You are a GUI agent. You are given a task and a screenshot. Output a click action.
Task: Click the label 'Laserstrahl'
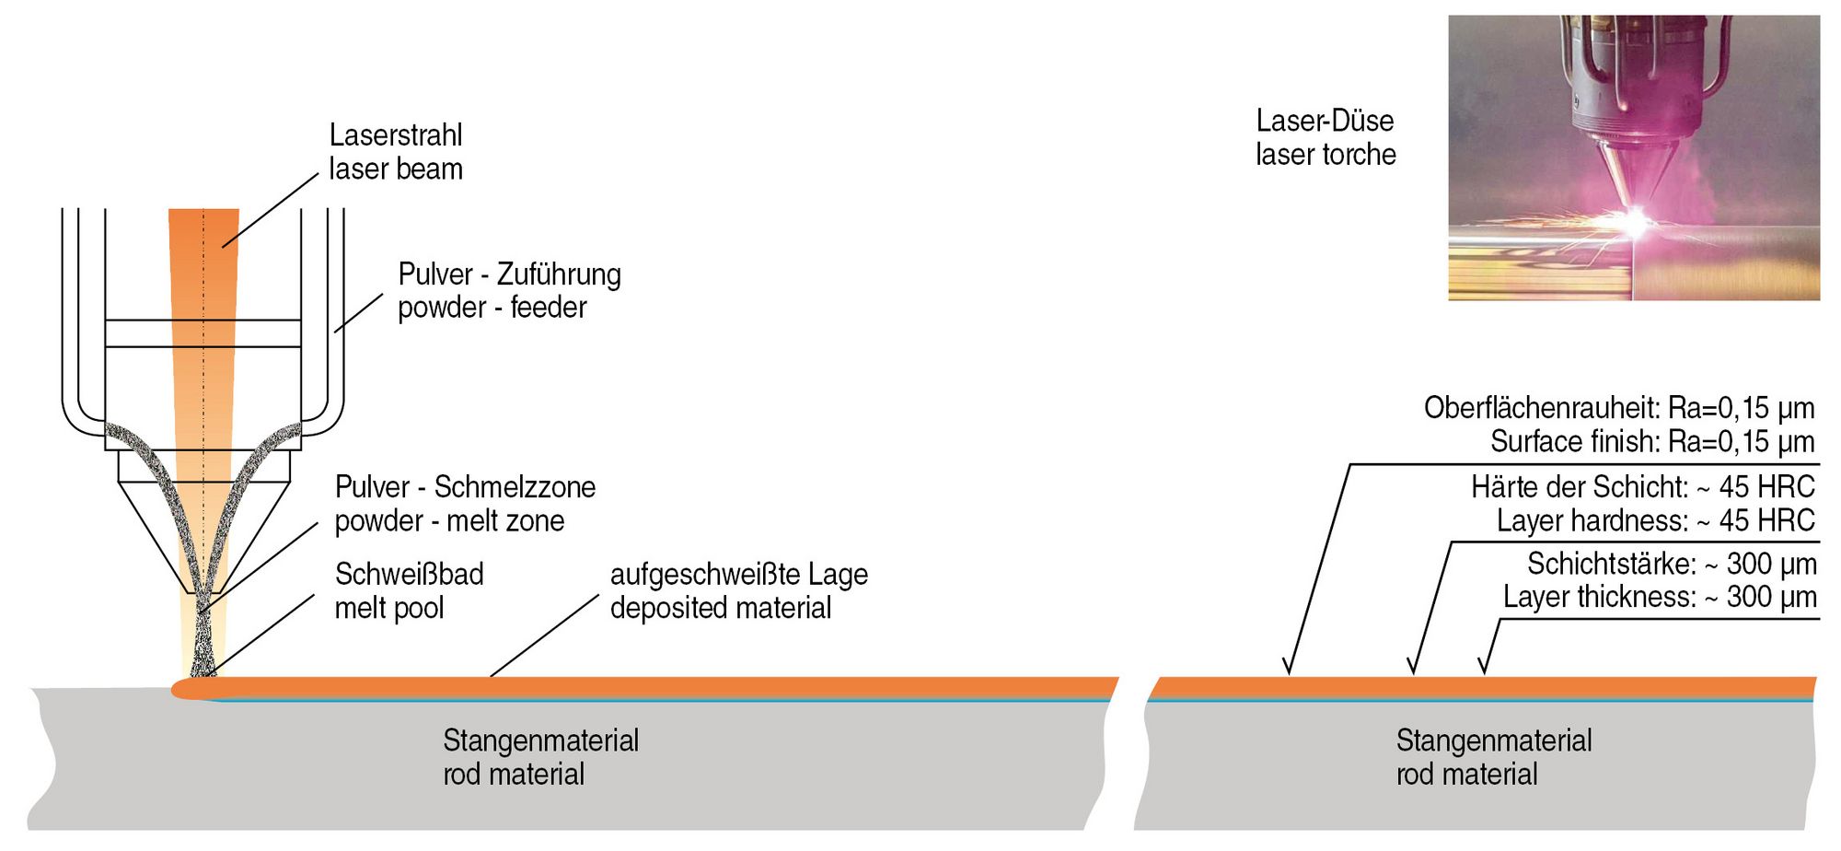pos(396,135)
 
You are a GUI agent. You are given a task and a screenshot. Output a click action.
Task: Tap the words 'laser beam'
pos(396,169)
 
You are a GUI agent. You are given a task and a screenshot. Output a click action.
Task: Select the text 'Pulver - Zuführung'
pos(509,274)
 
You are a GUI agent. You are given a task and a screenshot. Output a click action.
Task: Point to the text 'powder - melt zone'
pos(449,521)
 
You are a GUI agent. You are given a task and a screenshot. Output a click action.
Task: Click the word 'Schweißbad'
pos(409,575)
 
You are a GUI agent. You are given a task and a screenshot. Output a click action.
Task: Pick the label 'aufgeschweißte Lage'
pos(738,575)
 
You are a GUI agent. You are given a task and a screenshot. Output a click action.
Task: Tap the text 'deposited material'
pos(720,609)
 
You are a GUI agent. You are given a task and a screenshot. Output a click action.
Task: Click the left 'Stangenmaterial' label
pos(540,740)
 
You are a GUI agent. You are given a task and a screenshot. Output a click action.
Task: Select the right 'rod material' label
pos(1466,775)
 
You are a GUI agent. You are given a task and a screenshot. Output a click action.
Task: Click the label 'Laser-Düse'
pos(1325,121)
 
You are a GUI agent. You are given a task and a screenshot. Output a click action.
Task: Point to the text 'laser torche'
pos(1326,155)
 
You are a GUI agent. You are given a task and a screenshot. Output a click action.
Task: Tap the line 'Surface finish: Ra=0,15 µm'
pos(1652,442)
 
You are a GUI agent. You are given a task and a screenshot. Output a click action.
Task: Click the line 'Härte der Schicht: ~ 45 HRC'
pos(1642,486)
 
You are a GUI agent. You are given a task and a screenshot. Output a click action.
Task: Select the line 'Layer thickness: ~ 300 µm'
pos(1660,597)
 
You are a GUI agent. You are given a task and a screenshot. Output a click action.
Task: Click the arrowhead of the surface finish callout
pos(1289,670)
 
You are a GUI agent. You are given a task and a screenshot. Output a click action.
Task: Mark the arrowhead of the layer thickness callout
pos(1483,670)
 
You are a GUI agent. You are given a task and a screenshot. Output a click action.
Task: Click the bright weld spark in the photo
pos(1637,220)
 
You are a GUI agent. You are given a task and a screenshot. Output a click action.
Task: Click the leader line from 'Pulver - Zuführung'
pos(359,312)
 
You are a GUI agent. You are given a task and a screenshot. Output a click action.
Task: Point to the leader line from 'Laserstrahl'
pos(270,211)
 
